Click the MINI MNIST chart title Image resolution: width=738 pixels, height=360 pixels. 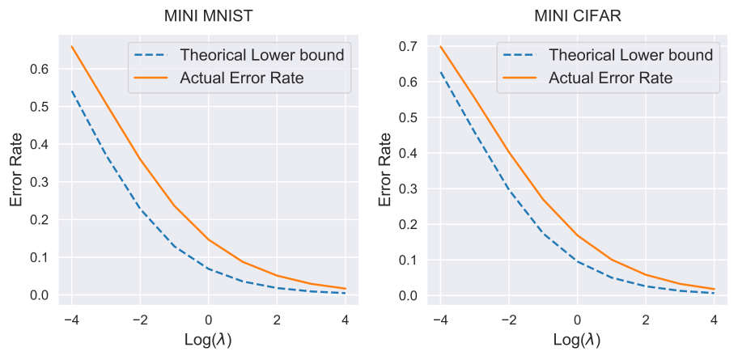(209, 16)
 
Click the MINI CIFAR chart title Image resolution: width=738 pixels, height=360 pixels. (578, 16)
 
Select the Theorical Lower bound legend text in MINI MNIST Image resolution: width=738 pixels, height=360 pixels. (262, 55)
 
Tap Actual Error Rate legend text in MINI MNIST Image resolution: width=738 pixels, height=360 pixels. (242, 78)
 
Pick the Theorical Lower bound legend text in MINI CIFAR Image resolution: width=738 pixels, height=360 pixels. (631, 55)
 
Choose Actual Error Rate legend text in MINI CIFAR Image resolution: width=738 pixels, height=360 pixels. (611, 78)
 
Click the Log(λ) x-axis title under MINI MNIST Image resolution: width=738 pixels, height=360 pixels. (209, 340)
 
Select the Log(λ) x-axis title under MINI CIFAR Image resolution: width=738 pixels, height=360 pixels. (578, 340)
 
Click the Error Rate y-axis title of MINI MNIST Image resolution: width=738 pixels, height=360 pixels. (16, 170)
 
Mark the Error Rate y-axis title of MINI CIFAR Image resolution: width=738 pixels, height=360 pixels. (385, 170)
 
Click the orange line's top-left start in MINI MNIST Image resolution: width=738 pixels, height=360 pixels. (72, 46)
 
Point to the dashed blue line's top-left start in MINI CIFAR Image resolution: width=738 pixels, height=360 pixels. (440, 71)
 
